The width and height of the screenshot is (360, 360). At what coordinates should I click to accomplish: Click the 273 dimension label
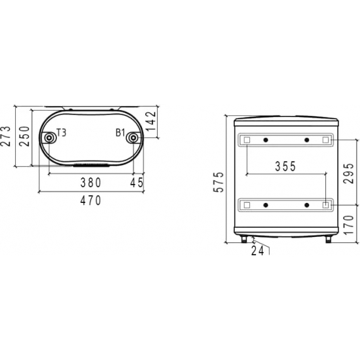(x=6, y=136)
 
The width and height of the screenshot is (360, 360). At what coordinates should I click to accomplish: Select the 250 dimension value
(x=25, y=136)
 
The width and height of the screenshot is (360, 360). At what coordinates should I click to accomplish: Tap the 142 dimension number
(x=151, y=121)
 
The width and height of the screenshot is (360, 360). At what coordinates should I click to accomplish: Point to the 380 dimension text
(x=91, y=183)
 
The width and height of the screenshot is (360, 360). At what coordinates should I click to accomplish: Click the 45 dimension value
(x=137, y=183)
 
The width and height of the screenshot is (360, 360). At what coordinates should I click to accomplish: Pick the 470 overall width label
(x=91, y=200)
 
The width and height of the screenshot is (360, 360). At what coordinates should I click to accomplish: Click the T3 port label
(x=62, y=133)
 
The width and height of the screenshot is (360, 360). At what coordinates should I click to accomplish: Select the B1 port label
(x=120, y=133)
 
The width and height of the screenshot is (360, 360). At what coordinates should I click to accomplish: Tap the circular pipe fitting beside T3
(x=48, y=138)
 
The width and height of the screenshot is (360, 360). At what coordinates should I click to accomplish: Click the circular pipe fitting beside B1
(x=133, y=138)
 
